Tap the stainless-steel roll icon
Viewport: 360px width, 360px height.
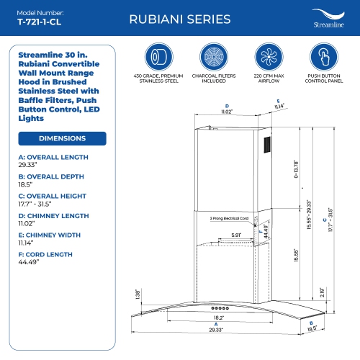tap(159, 58)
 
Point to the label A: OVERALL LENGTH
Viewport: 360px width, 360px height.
tap(55, 157)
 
